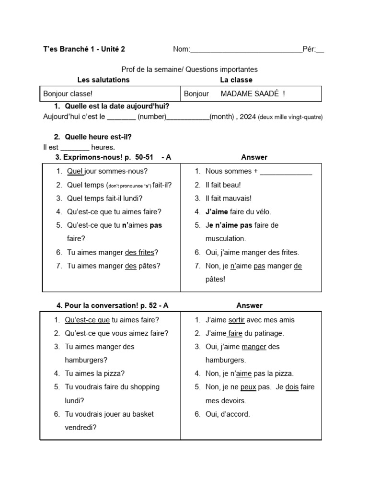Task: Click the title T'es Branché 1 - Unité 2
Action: [84, 49]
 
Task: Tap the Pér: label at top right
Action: [309, 49]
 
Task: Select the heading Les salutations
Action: [103, 80]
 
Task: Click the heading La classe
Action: [236, 80]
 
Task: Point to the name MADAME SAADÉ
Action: [249, 94]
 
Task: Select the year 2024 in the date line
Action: [247, 117]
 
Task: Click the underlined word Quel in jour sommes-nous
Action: [75, 171]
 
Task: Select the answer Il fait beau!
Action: [223, 185]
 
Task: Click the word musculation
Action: [225, 238]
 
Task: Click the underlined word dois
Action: [292, 387]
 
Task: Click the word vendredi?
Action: [80, 428]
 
